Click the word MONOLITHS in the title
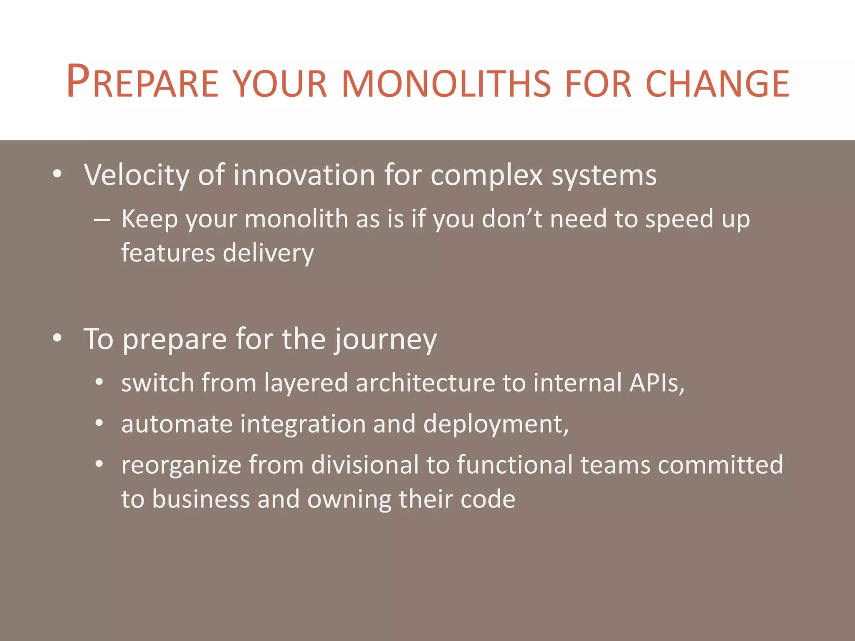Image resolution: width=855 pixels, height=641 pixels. (446, 83)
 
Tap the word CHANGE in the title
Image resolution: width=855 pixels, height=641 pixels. (717, 83)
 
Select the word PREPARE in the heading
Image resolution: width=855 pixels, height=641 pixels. (142, 82)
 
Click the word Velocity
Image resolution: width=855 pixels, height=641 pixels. (137, 175)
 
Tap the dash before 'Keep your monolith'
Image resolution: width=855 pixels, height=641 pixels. (102, 220)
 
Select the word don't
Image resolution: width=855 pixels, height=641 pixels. (512, 219)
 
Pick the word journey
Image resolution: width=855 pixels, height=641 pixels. (384, 340)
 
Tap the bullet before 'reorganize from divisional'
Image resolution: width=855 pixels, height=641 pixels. (99, 464)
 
